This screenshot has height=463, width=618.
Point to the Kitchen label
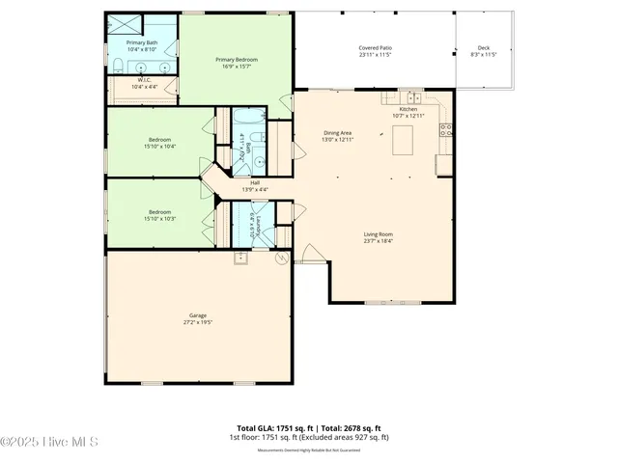tap(408, 109)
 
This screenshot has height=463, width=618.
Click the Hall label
tap(255, 182)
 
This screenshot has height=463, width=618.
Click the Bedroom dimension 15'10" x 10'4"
tap(160, 147)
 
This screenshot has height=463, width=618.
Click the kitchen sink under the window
tap(412, 96)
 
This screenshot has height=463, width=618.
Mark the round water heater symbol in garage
tap(281, 259)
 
